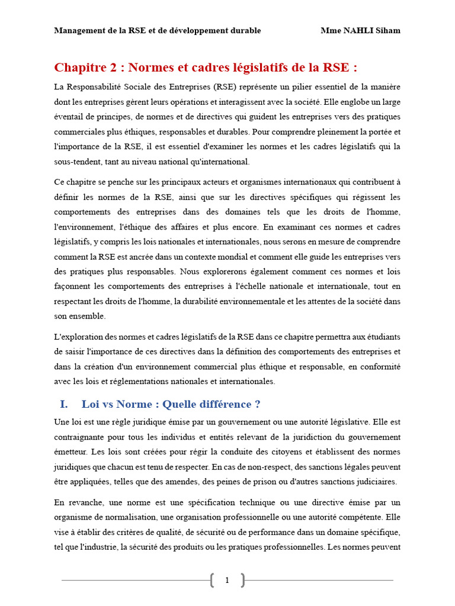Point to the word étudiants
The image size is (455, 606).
pos(382,337)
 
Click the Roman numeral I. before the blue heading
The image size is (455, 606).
pos(64,404)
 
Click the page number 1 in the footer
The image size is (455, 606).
pos(227,581)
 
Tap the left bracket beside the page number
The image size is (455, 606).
pos(213,581)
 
